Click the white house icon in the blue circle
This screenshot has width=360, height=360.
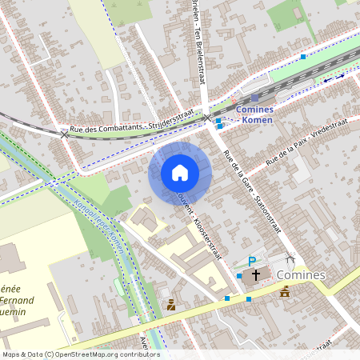[x=180, y=172]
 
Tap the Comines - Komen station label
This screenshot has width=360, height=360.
[x=254, y=114]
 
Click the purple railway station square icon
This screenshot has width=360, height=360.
[x=255, y=98]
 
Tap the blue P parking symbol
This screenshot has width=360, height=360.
[x=252, y=261]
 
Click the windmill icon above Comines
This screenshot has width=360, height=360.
[x=290, y=259]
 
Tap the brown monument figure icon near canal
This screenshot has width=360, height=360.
[x=171, y=304]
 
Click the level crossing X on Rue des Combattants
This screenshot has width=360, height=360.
[x=65, y=134]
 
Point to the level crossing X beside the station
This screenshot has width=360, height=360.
[x=208, y=118]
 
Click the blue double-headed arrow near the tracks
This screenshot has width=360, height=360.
[x=334, y=77]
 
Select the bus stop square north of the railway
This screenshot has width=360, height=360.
[x=303, y=57]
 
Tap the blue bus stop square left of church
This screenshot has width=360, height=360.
[x=239, y=276]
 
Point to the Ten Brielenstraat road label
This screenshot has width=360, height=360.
[x=197, y=48]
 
